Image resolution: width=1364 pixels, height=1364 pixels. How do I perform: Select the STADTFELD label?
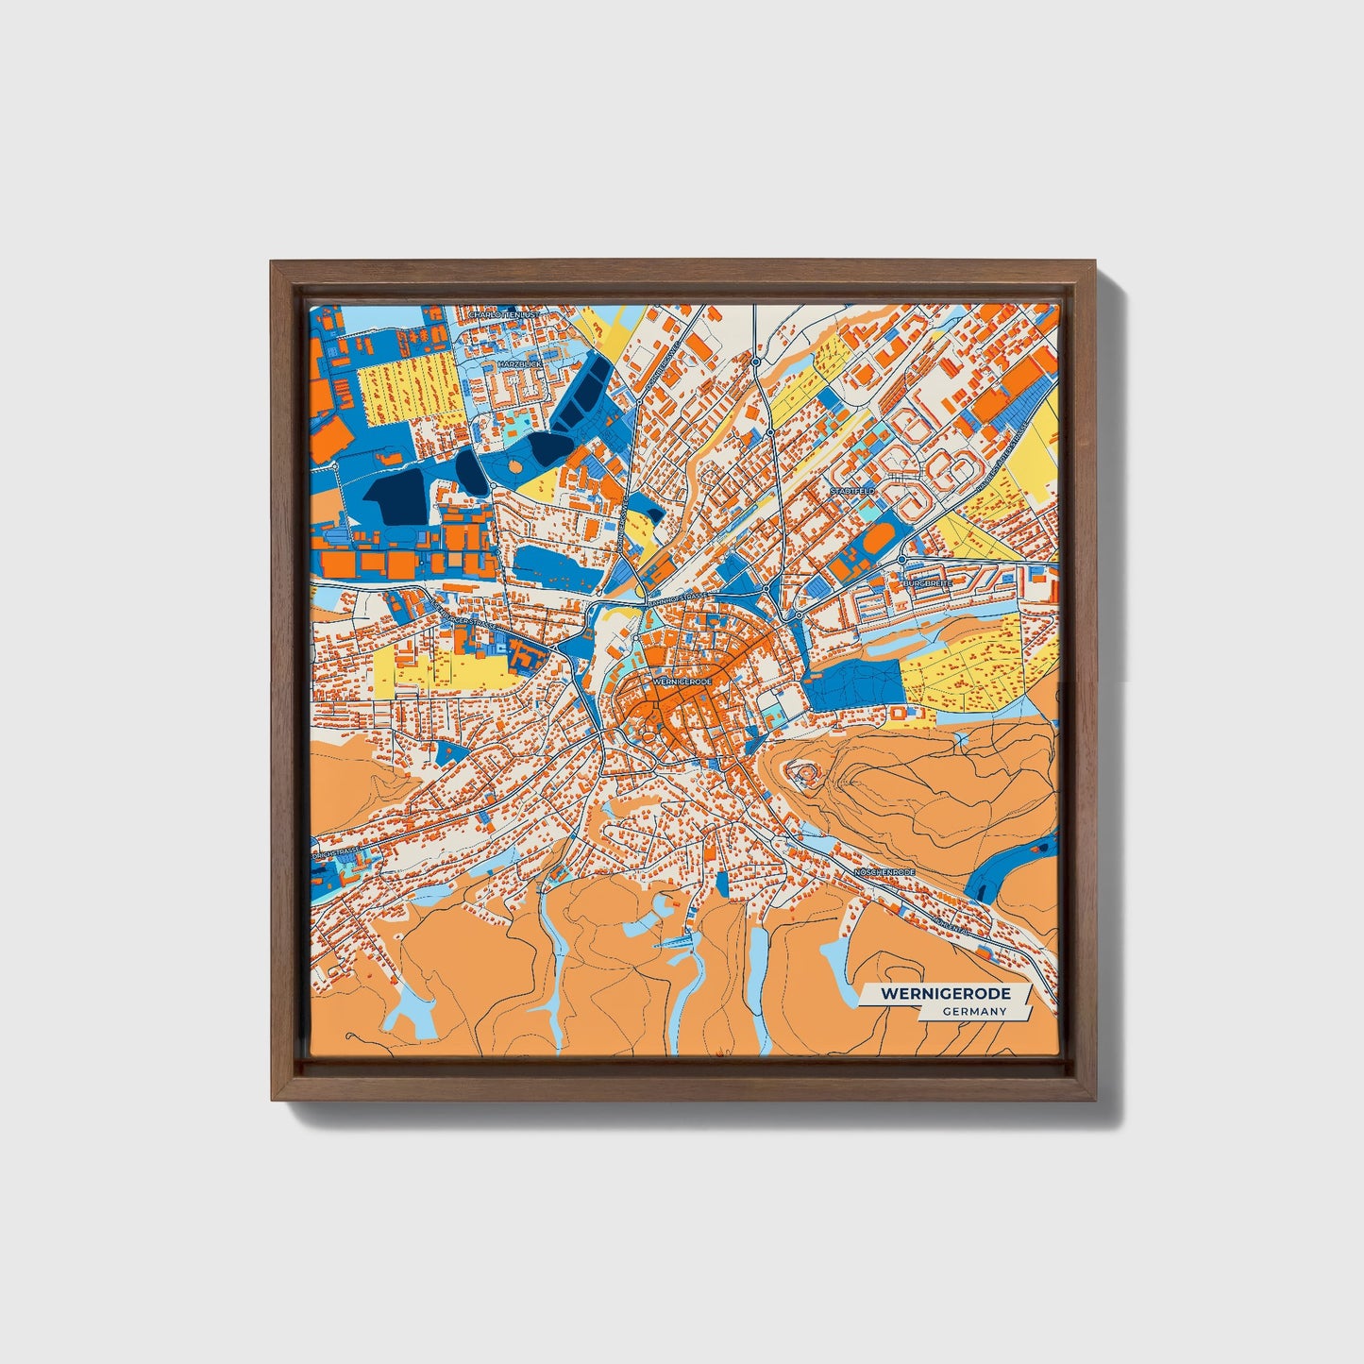[x=852, y=491]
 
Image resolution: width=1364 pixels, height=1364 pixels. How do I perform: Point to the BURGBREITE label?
[x=927, y=583]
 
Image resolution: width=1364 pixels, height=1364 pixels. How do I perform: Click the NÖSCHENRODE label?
[x=884, y=872]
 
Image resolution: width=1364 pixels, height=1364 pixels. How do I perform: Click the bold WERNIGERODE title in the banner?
[x=945, y=994]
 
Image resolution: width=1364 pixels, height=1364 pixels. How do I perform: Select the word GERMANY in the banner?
[x=973, y=1011]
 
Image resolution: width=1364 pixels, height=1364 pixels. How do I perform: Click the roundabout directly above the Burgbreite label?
[x=902, y=561]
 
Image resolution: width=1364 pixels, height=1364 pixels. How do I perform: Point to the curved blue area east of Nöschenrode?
[x=1013, y=859]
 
